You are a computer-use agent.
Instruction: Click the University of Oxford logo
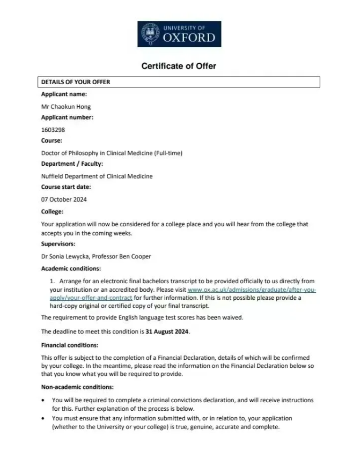(179, 34)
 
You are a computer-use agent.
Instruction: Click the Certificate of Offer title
(179, 66)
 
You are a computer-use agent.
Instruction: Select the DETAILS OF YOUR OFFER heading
(76, 82)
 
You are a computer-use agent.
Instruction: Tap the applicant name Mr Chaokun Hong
(66, 106)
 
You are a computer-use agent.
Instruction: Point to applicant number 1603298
(54, 129)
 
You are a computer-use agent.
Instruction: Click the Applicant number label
(67, 117)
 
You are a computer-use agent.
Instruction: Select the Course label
(52, 141)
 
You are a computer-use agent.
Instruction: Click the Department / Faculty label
(72, 164)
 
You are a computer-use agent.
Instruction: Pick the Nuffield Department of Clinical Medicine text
(97, 176)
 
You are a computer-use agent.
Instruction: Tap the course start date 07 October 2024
(64, 199)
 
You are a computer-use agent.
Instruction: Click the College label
(52, 211)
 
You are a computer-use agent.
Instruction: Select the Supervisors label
(58, 244)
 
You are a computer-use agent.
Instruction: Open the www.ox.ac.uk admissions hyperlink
(252, 290)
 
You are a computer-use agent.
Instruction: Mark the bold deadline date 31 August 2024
(167, 331)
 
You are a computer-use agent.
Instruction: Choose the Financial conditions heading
(69, 345)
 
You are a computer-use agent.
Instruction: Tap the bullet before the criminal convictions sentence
(43, 401)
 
